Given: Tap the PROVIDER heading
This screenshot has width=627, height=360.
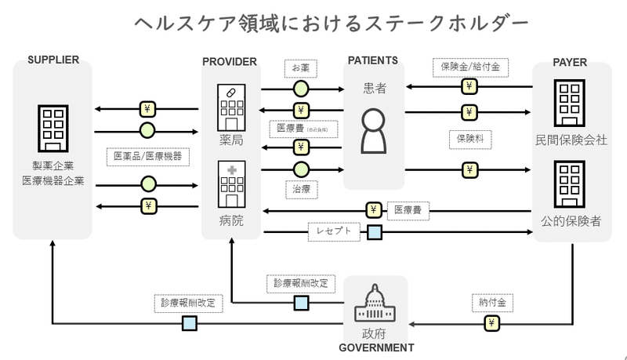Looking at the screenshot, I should (229, 61).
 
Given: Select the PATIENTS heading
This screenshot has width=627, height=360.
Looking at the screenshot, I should (373, 60).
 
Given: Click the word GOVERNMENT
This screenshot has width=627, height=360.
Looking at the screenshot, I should (376, 347).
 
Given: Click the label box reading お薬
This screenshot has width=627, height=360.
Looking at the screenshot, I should (299, 69).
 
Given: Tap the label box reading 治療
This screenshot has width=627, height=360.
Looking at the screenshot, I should (300, 189).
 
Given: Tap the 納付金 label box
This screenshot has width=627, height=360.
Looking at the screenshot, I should (491, 302).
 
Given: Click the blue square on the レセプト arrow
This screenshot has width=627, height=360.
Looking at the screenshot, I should (375, 231).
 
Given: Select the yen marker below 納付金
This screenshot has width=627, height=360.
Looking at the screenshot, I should (491, 323).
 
